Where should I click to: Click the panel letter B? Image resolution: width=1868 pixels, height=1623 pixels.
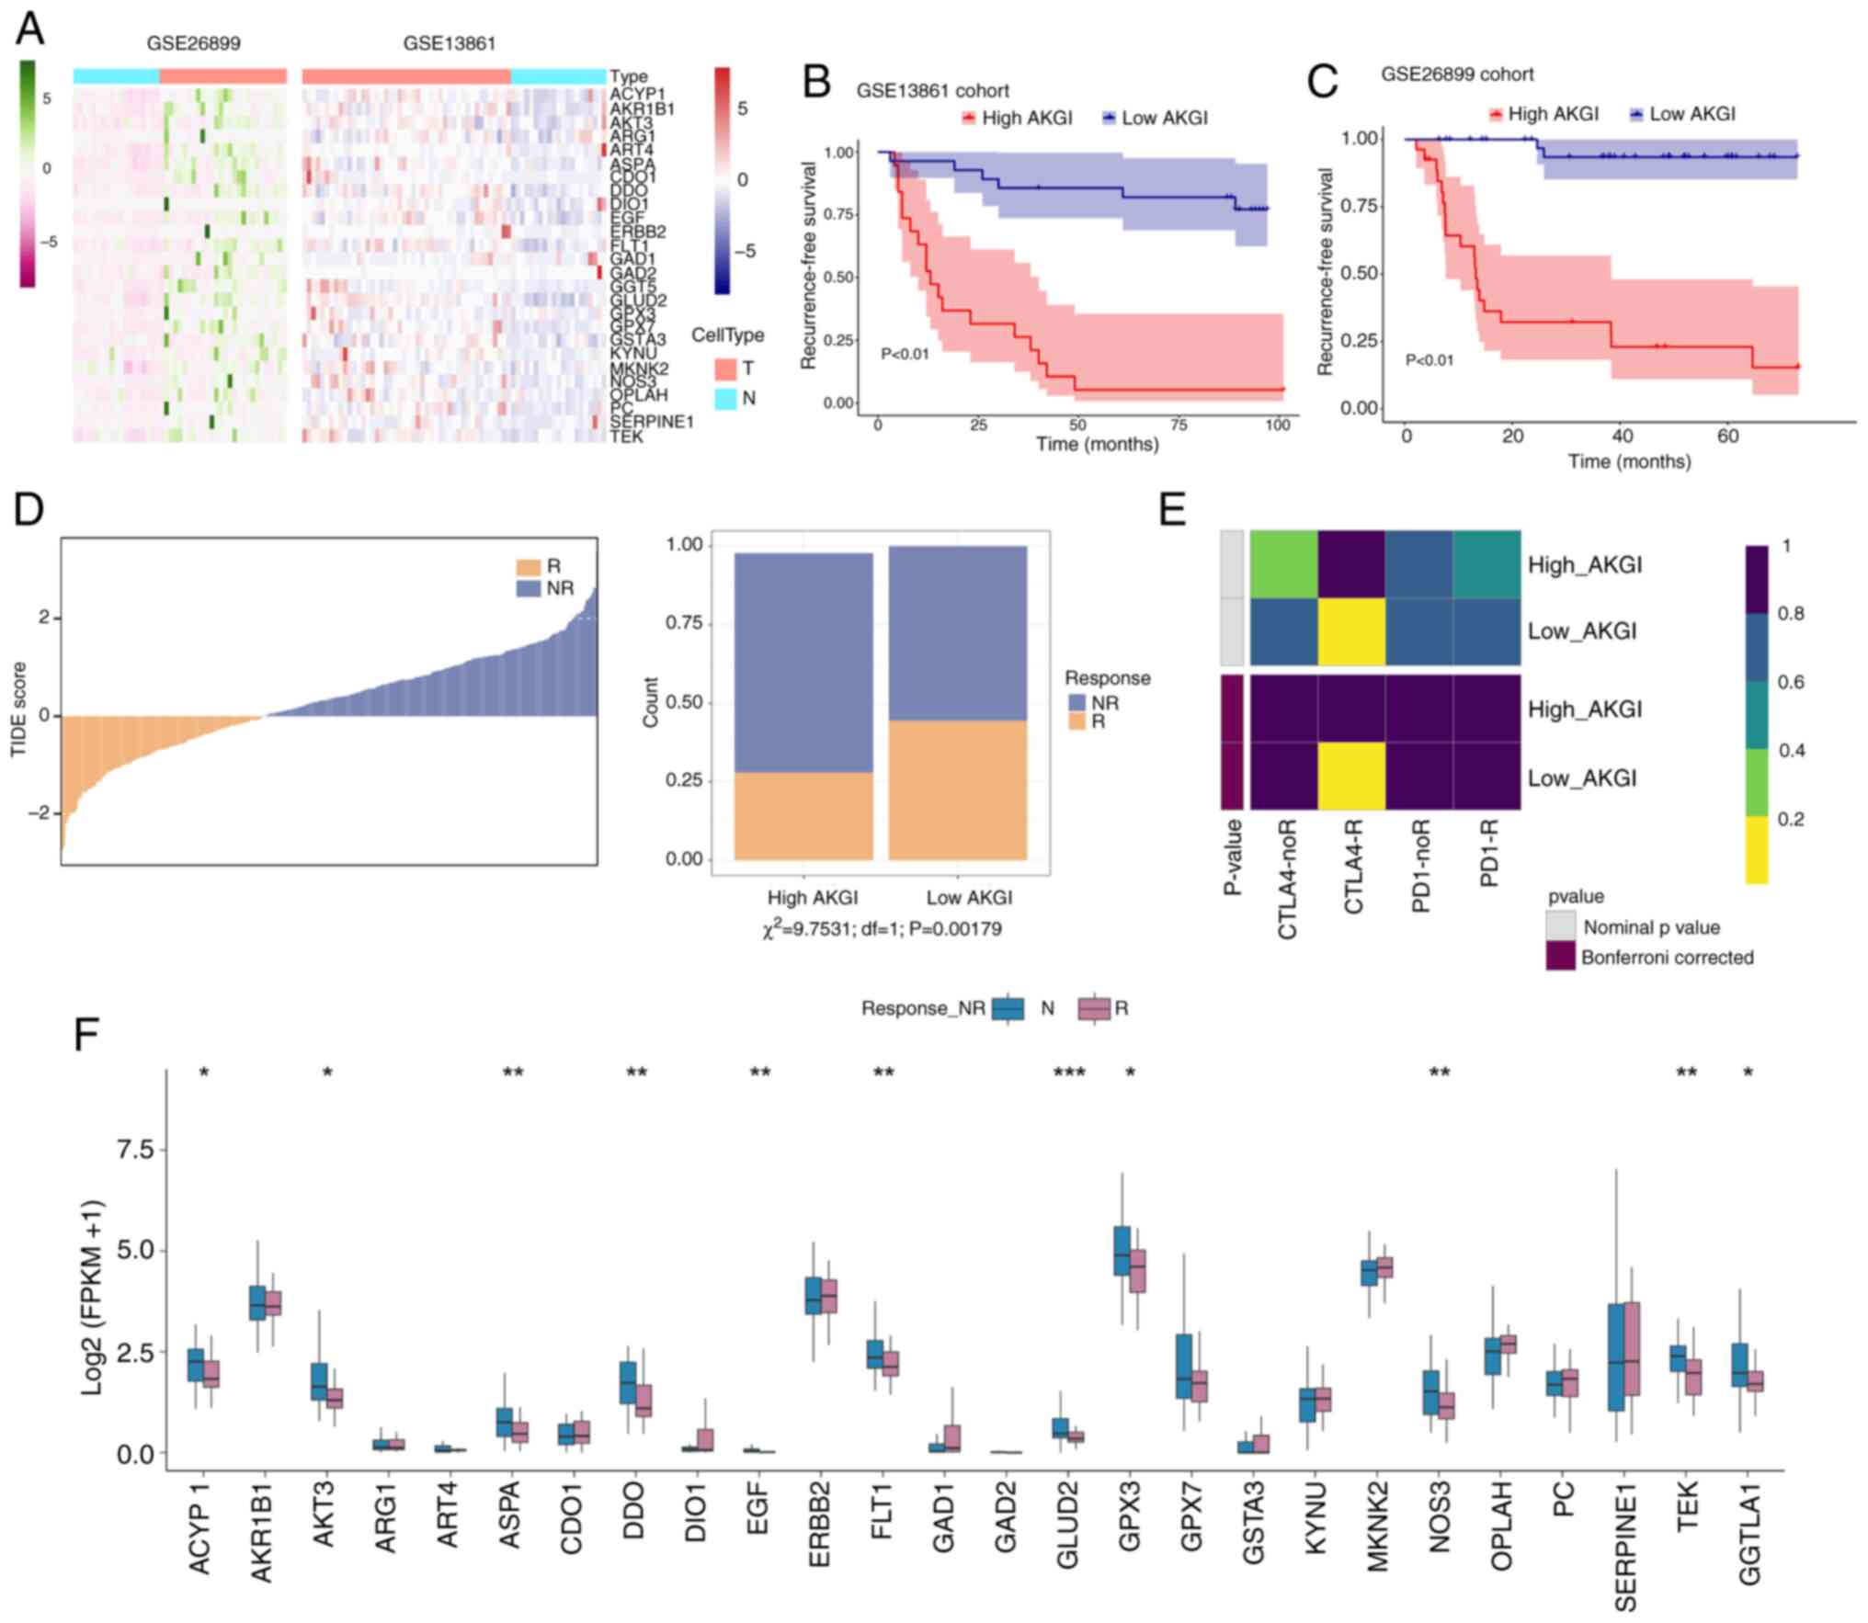(x=816, y=82)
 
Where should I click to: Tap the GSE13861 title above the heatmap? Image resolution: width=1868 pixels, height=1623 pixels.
(x=450, y=43)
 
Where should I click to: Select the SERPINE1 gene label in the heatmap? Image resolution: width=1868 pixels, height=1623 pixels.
(x=651, y=422)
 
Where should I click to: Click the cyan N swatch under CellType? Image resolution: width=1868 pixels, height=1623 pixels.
(x=725, y=399)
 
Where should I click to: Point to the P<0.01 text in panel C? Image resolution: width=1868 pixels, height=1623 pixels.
(x=1429, y=360)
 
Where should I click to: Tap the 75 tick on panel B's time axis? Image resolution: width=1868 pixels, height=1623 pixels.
(x=1178, y=425)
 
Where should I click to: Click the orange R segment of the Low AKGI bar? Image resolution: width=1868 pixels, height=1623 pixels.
(x=957, y=789)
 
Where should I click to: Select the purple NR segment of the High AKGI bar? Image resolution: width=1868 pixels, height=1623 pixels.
(x=803, y=662)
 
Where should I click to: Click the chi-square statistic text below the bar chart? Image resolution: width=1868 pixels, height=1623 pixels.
(x=882, y=928)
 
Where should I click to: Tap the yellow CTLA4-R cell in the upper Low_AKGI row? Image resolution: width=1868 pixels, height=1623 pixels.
(x=1351, y=631)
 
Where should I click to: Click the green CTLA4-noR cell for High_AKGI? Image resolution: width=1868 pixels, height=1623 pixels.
(x=1283, y=564)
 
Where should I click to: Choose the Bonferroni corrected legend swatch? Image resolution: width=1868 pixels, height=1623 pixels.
(x=1560, y=957)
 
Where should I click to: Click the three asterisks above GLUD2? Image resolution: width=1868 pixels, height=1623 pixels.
(x=1069, y=1073)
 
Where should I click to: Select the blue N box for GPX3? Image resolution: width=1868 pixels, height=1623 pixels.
(x=1122, y=1250)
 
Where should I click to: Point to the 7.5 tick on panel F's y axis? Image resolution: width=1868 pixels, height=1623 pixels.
(x=134, y=1150)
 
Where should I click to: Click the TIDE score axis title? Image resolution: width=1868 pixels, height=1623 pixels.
(x=18, y=709)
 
